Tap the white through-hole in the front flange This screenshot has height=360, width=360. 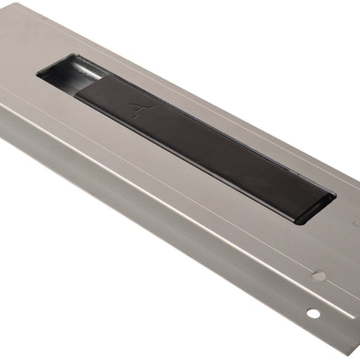tap(312, 313)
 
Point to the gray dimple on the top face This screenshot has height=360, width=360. tap(318, 275)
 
